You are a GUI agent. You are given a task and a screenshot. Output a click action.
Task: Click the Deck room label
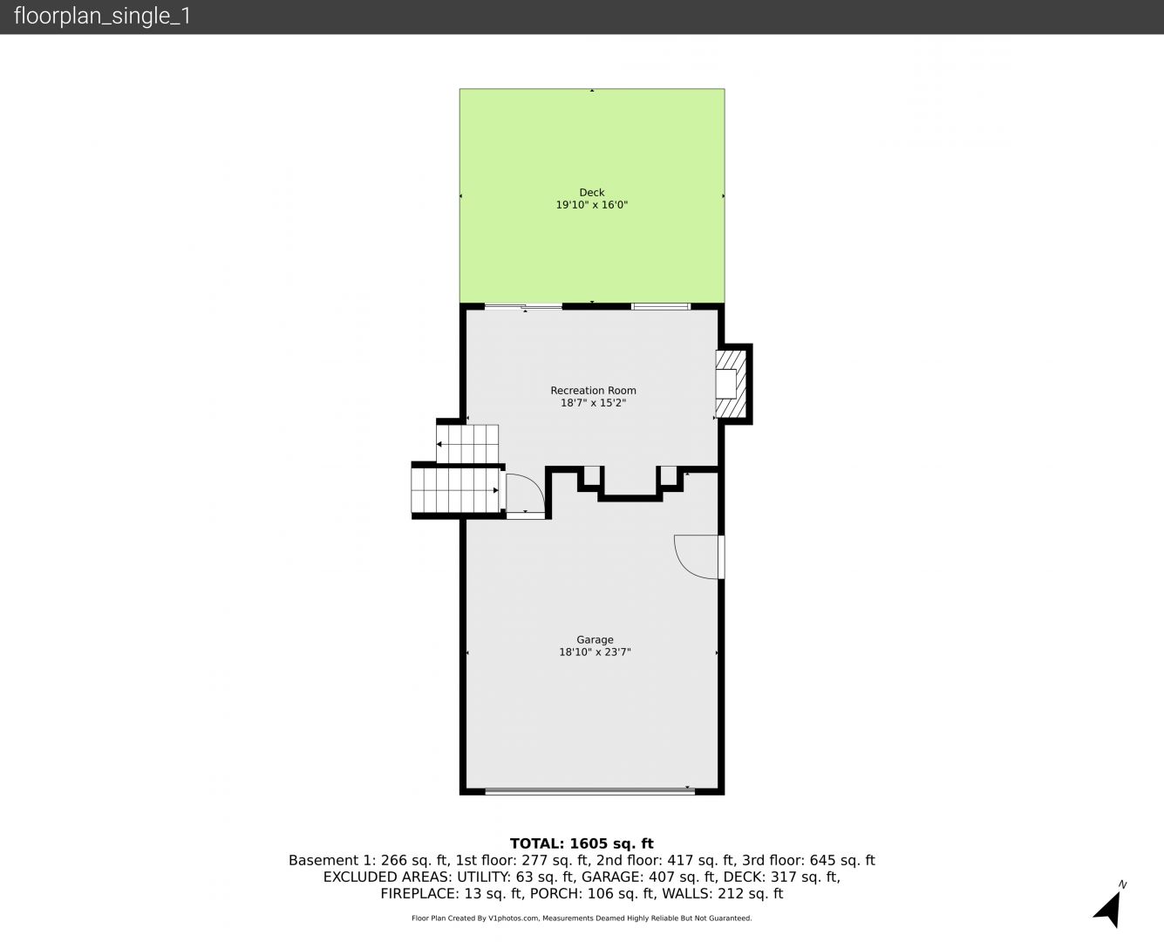pos(592,193)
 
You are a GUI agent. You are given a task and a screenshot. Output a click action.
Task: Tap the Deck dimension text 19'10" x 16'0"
pos(592,205)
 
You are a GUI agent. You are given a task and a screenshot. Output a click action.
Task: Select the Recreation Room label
pos(593,391)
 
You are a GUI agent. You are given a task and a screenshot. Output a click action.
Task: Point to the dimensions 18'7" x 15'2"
pos(593,403)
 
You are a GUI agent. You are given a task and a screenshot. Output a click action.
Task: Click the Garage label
pos(595,639)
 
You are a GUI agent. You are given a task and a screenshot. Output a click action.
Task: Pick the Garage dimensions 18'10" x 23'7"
pos(595,652)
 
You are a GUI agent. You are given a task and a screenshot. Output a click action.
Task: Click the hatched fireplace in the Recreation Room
pos(731,384)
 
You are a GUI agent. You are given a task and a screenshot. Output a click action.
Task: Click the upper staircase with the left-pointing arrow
pos(467,443)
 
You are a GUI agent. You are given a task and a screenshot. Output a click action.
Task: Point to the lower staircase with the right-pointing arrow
pos(455,490)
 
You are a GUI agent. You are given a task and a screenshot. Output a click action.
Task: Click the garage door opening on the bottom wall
pos(589,790)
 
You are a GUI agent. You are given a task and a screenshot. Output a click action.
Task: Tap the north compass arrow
pos(1109,909)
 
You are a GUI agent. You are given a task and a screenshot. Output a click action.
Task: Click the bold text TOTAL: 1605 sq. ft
pos(582,843)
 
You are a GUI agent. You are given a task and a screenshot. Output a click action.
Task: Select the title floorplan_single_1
pos(102,17)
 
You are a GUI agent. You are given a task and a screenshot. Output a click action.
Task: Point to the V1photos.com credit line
pos(582,918)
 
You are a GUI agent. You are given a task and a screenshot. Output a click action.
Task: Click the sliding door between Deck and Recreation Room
pos(523,307)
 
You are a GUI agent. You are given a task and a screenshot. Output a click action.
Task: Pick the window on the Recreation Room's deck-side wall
pos(660,307)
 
